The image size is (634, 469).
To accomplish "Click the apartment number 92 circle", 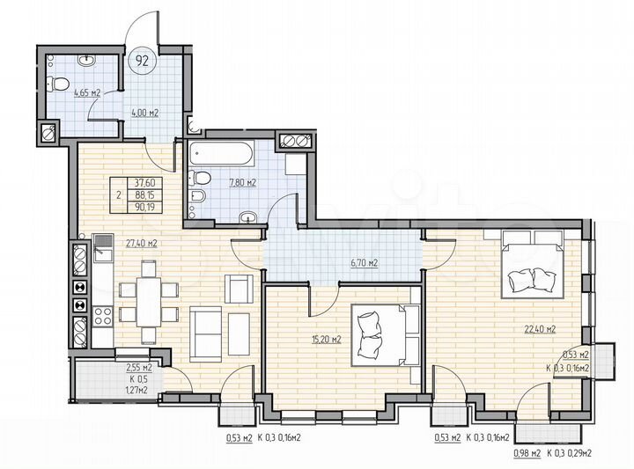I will pos(140,61).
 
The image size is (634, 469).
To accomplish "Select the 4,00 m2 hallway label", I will pos(144,113).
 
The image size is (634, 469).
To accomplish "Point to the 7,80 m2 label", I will pos(242,183).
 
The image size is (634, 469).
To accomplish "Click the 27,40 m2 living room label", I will pos(141,243).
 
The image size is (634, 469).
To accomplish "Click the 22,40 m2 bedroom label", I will pos(538,330).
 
